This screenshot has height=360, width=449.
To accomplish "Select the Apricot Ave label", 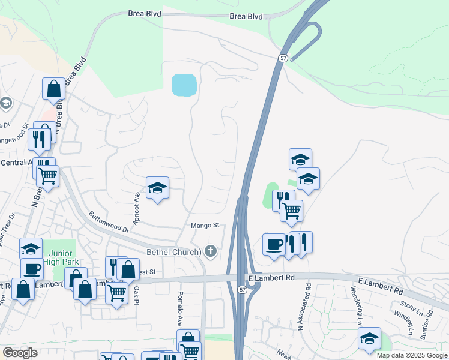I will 137,205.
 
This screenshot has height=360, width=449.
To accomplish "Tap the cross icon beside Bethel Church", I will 210,251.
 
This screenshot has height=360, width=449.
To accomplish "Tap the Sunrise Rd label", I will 427,322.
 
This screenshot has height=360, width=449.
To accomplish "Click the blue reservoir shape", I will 184,85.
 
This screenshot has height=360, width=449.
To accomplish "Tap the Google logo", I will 20,353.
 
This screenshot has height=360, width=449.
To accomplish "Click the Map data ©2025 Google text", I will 412,355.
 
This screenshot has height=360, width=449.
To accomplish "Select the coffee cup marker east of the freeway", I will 274,245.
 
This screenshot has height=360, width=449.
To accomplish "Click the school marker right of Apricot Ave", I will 157,188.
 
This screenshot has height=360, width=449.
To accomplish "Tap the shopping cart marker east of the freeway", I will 291,211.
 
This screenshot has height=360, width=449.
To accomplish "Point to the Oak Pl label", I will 137,295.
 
